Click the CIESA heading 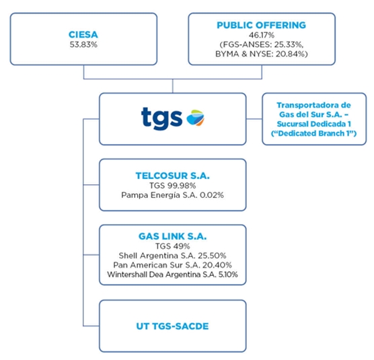pyautogui.click(x=83, y=34)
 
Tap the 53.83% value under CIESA pyautogui.click(x=83, y=44)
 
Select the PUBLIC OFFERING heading pyautogui.click(x=262, y=25)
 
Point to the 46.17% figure pyautogui.click(x=262, y=35)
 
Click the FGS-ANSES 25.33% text pyautogui.click(x=262, y=44)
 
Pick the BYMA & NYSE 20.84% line pyautogui.click(x=262, y=54)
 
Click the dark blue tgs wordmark pyautogui.click(x=161, y=118)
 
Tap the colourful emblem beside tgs pyautogui.click(x=195, y=118)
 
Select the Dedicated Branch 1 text pyautogui.click(x=314, y=133)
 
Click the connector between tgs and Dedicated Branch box pyautogui.click(x=254, y=118)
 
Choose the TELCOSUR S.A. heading pyautogui.click(x=173, y=176)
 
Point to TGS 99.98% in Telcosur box pyautogui.click(x=173, y=186)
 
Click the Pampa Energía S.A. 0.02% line pyautogui.click(x=172, y=195)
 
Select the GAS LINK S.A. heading pyautogui.click(x=173, y=236)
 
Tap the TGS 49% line pyautogui.click(x=173, y=246)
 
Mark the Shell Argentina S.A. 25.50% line pyautogui.click(x=172, y=256)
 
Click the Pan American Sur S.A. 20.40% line pyautogui.click(x=172, y=265)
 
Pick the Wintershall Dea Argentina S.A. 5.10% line pyautogui.click(x=172, y=275)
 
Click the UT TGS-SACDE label pyautogui.click(x=172, y=326)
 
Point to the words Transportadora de pyautogui.click(x=314, y=105)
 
